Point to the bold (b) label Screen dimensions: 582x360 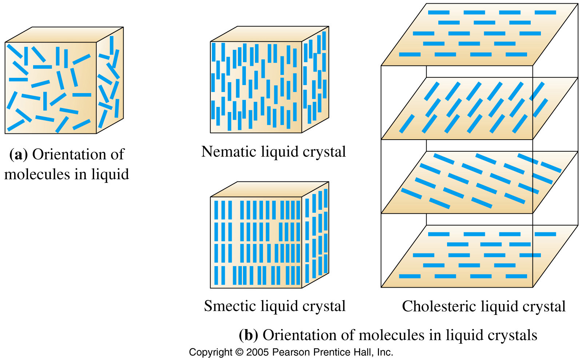[248, 335]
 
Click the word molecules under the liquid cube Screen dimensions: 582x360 [37, 174]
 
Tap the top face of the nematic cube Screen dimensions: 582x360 [270, 34]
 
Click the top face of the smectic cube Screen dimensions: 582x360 [270, 189]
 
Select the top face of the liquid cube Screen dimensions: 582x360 [64, 35]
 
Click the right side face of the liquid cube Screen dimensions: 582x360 [110, 80]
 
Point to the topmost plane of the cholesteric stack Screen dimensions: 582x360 [479, 34]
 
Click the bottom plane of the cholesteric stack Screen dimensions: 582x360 [479, 256]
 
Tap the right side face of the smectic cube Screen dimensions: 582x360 [315, 235]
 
